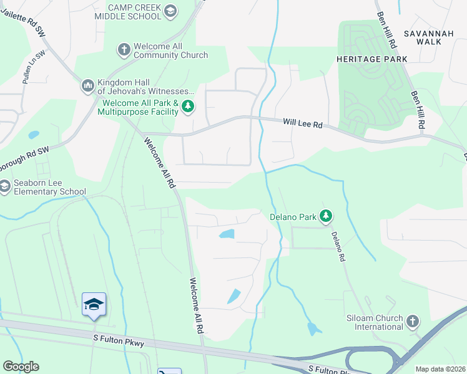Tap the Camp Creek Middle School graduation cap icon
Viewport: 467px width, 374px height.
[x=170, y=11]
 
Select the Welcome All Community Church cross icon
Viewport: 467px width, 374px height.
[x=124, y=49]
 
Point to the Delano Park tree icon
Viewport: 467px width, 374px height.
[x=325, y=217]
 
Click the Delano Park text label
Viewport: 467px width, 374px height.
[x=293, y=218]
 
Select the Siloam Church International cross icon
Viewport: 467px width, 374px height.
[x=411, y=322]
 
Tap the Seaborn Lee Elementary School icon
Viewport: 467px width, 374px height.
[x=5, y=186]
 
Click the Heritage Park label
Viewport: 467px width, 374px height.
[x=371, y=59]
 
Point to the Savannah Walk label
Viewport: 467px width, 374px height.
[x=423, y=37]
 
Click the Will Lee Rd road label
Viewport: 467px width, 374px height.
[x=302, y=124]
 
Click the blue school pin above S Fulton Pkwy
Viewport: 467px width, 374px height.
[x=94, y=304]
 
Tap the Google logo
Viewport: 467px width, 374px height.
[x=21, y=367]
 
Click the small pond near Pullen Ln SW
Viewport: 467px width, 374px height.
[x=34, y=134]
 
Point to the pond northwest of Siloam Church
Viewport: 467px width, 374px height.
[x=312, y=328]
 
